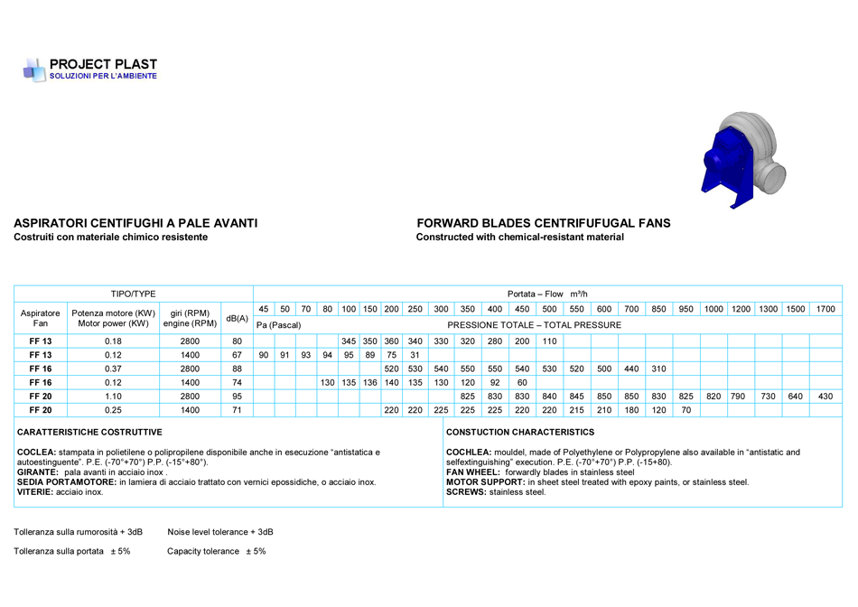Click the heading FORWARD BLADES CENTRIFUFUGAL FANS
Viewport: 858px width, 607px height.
pos(544,222)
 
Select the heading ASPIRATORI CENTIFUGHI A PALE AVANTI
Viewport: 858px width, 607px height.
pos(135,222)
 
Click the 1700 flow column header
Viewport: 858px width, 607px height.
pos(825,309)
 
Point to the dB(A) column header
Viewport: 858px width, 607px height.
pos(237,318)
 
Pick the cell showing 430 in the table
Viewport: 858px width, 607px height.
pos(825,396)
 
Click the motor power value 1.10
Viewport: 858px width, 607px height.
pos(113,396)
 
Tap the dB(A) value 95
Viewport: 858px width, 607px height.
pos(237,396)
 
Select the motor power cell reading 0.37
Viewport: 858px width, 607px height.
pos(113,369)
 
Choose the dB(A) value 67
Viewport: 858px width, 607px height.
pos(237,355)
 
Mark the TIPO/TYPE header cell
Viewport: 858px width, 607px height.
pos(133,294)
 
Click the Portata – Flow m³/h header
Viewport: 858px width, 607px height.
pos(547,294)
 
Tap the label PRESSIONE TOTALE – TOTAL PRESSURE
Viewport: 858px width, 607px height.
pos(534,325)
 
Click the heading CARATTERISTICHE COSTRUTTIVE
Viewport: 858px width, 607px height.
pos(89,433)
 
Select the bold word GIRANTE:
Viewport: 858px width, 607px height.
pos(38,472)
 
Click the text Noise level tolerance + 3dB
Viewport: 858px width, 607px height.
pos(219,532)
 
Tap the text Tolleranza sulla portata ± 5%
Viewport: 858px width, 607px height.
pos(72,551)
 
